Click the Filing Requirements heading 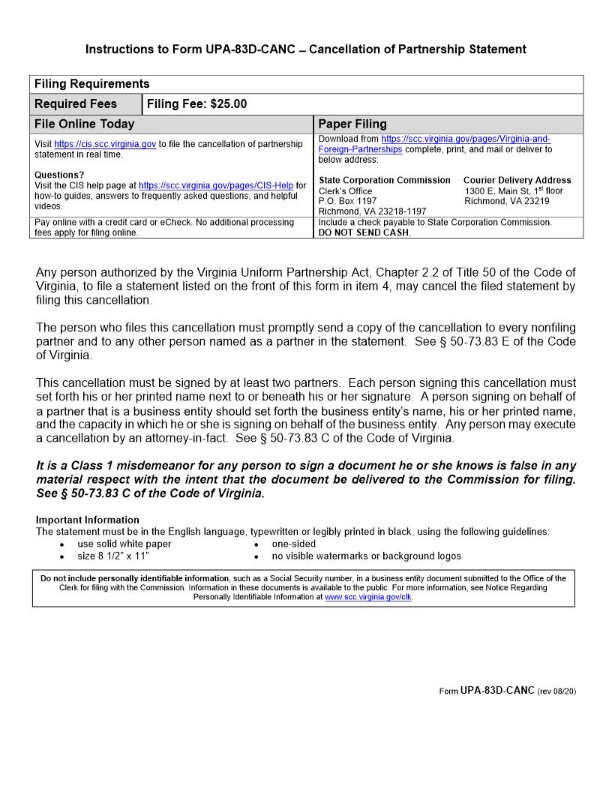[91, 84]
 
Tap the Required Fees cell [76, 104]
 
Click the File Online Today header [84, 124]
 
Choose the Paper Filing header [352, 124]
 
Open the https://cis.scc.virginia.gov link [105, 144]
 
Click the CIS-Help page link [216, 185]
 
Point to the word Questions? [59, 175]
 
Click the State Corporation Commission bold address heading [385, 180]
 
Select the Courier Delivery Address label [517, 180]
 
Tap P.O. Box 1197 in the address [348, 201]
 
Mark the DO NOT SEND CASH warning [364, 232]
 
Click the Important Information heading [87, 520]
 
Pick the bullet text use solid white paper [124, 544]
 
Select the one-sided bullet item [293, 544]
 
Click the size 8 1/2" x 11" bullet [113, 556]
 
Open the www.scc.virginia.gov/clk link [368, 598]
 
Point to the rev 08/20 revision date [556, 691]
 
